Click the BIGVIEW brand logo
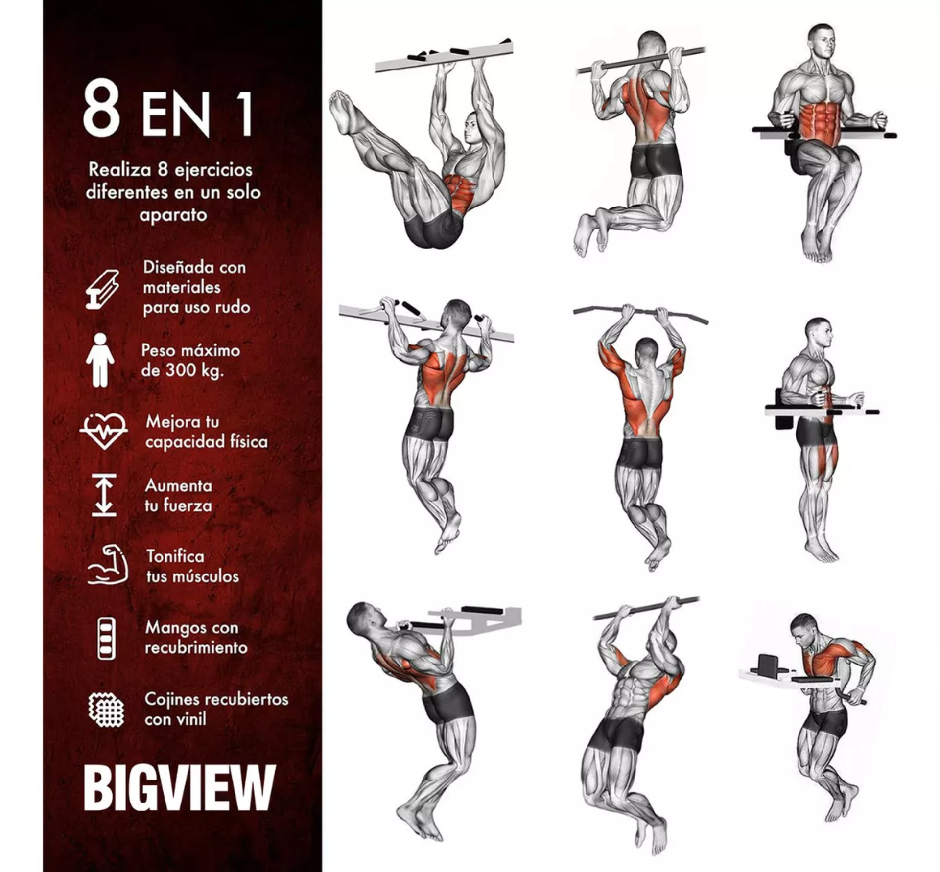(179, 787)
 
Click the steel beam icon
(102, 289)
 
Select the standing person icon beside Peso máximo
(100, 360)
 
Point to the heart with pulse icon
(104, 431)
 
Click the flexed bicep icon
(108, 566)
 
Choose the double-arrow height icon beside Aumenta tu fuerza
(104, 495)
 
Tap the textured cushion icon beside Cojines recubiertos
(106, 709)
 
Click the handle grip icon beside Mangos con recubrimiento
(106, 638)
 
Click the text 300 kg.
(194, 370)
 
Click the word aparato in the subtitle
(173, 215)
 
